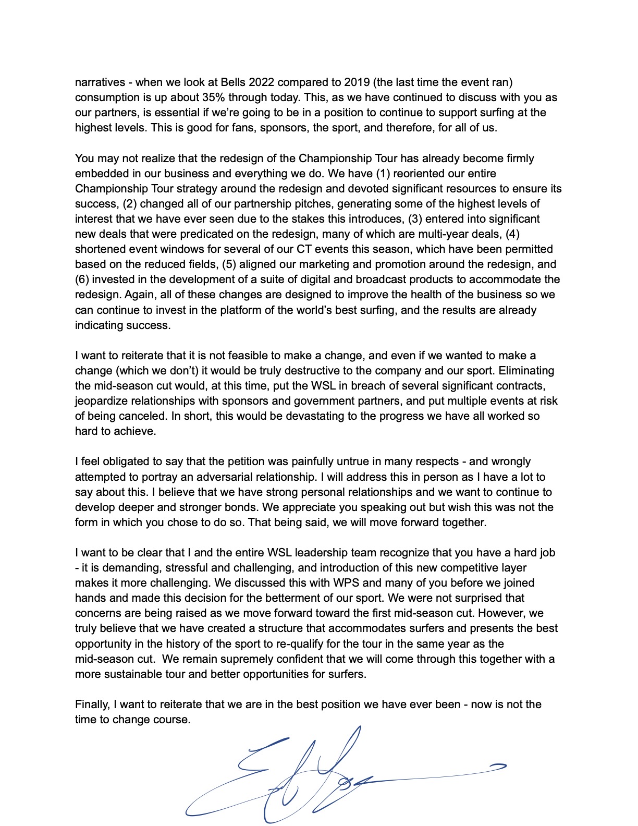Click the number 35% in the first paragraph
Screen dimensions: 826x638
[223, 98]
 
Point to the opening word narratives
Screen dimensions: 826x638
[100, 82]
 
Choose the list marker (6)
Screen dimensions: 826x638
[83, 280]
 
